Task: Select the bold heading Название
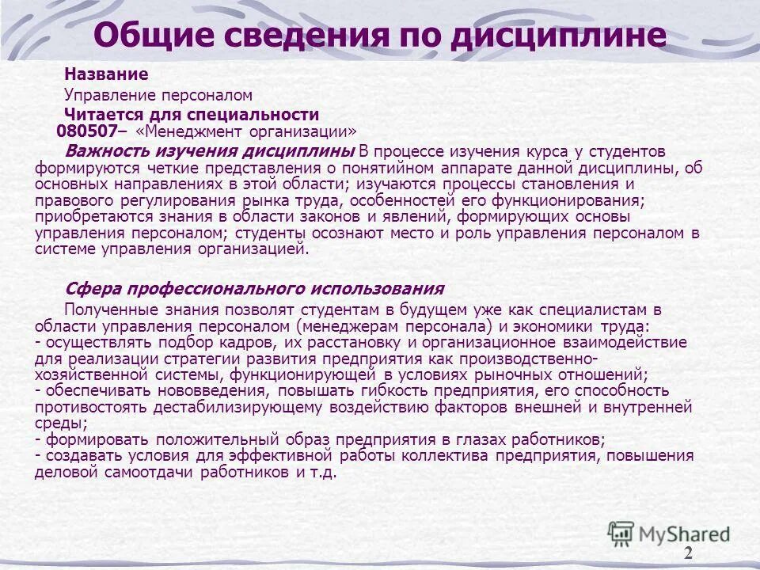coord(106,74)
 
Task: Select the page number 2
coord(688,552)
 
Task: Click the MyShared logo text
coord(685,534)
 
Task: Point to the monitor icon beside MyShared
coord(621,533)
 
